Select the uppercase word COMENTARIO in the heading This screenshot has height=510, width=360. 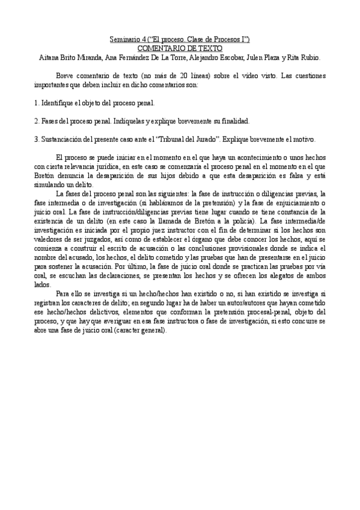[162, 48]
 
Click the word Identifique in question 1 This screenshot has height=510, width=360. [58, 103]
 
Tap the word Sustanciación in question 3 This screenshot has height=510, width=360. [64, 138]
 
